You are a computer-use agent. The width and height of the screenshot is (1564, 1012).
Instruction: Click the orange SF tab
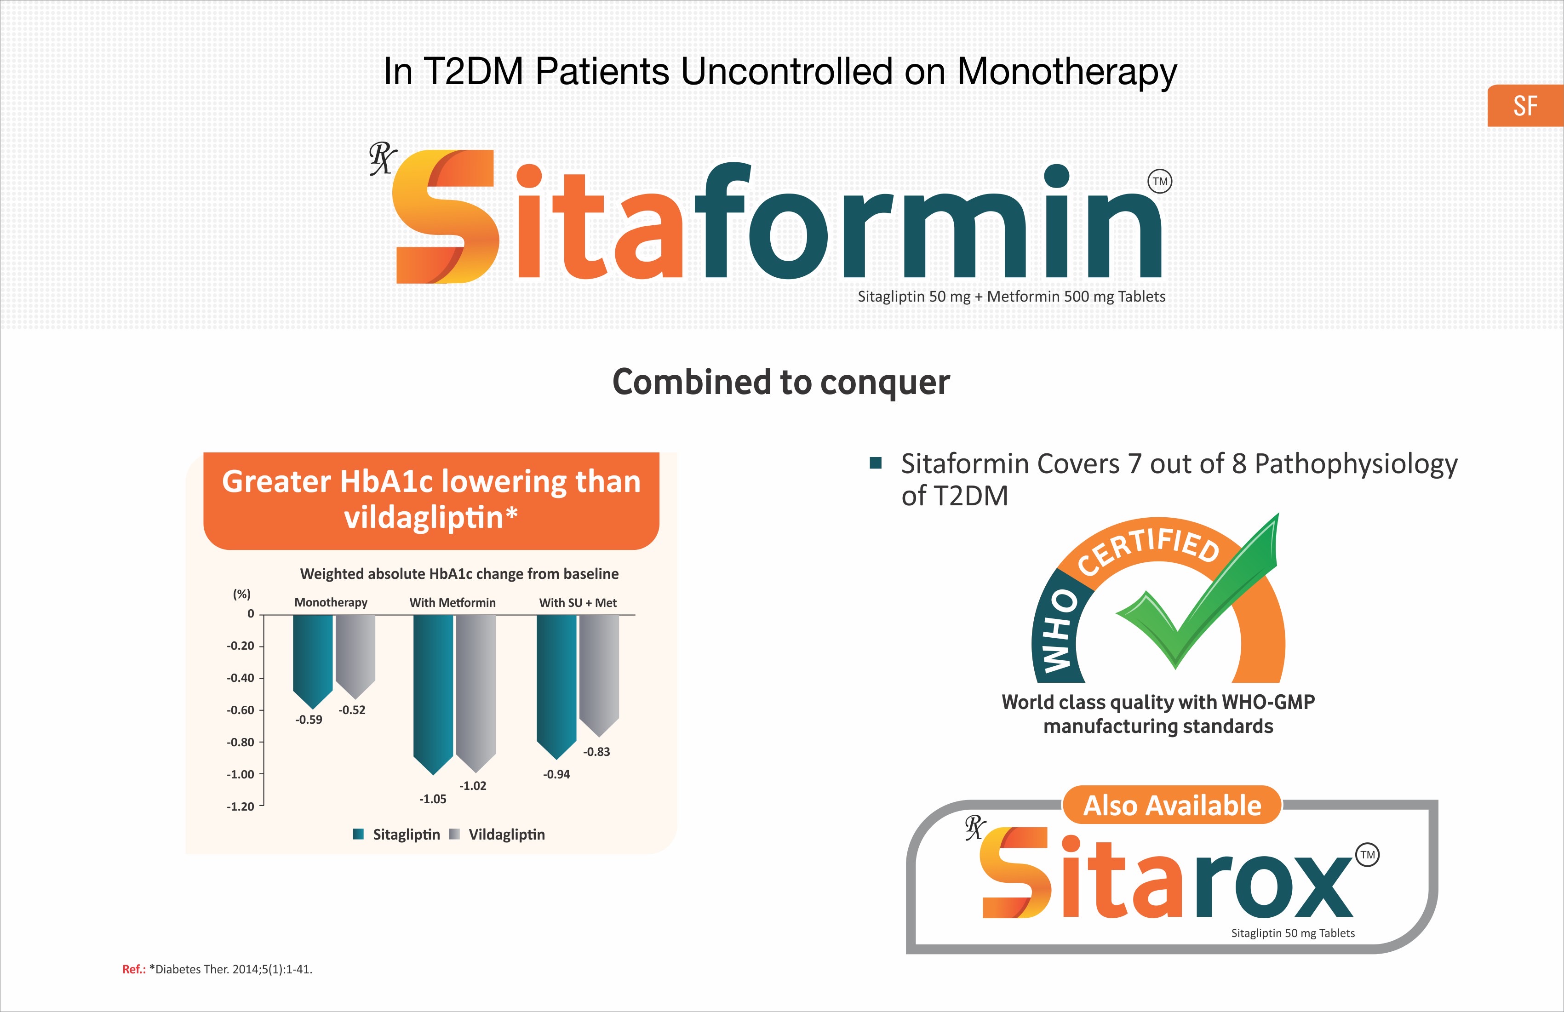pyautogui.click(x=1525, y=106)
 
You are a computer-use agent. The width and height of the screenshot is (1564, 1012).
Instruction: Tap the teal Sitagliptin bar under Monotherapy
pyautogui.click(x=313, y=660)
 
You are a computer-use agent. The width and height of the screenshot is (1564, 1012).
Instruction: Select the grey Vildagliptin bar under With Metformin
pyautogui.click(x=476, y=692)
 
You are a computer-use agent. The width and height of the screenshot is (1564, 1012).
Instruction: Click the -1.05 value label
pyautogui.click(x=433, y=799)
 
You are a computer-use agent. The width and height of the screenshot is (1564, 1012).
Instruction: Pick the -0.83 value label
pyautogui.click(x=597, y=752)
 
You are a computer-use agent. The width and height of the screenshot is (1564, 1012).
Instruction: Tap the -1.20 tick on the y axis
pyautogui.click(x=241, y=807)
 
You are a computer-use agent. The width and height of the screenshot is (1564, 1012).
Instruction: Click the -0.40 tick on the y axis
pyautogui.click(x=241, y=678)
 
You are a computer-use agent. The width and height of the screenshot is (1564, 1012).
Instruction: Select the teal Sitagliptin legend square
pyautogui.click(x=358, y=834)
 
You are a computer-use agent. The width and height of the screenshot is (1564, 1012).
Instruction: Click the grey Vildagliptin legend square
pyautogui.click(x=454, y=834)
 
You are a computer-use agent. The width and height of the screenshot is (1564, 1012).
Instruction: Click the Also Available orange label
pyautogui.click(x=1172, y=805)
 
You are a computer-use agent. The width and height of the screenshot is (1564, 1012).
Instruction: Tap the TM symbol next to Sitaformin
pyautogui.click(x=1160, y=181)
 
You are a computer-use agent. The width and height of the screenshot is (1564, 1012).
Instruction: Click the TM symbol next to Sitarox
pyautogui.click(x=1368, y=855)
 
